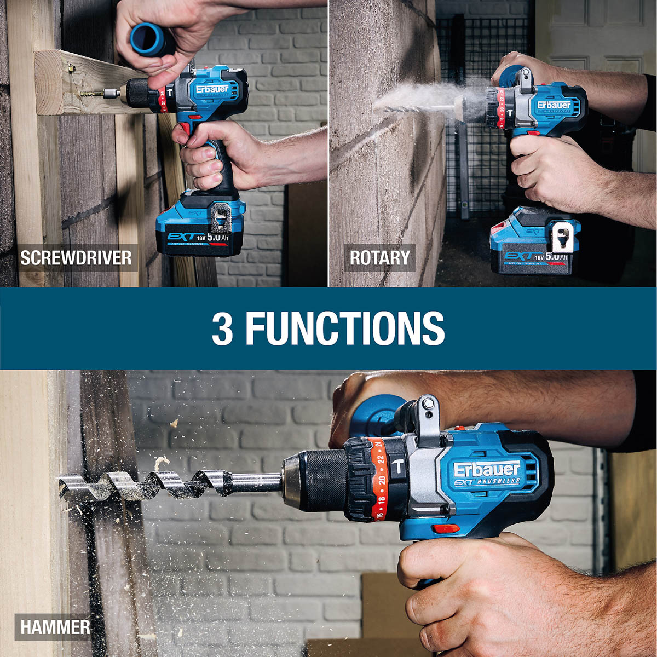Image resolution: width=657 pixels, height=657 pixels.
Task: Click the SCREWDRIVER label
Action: coord(76,258)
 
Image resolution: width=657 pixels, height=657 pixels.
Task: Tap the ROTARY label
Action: coord(379,258)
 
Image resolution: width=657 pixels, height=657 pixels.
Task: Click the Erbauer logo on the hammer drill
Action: coord(487,469)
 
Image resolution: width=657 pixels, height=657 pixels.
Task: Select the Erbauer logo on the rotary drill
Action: coord(554,105)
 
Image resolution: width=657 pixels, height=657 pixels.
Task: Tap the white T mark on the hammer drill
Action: coord(398,467)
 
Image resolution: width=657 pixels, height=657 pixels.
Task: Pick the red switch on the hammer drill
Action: coord(444,529)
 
